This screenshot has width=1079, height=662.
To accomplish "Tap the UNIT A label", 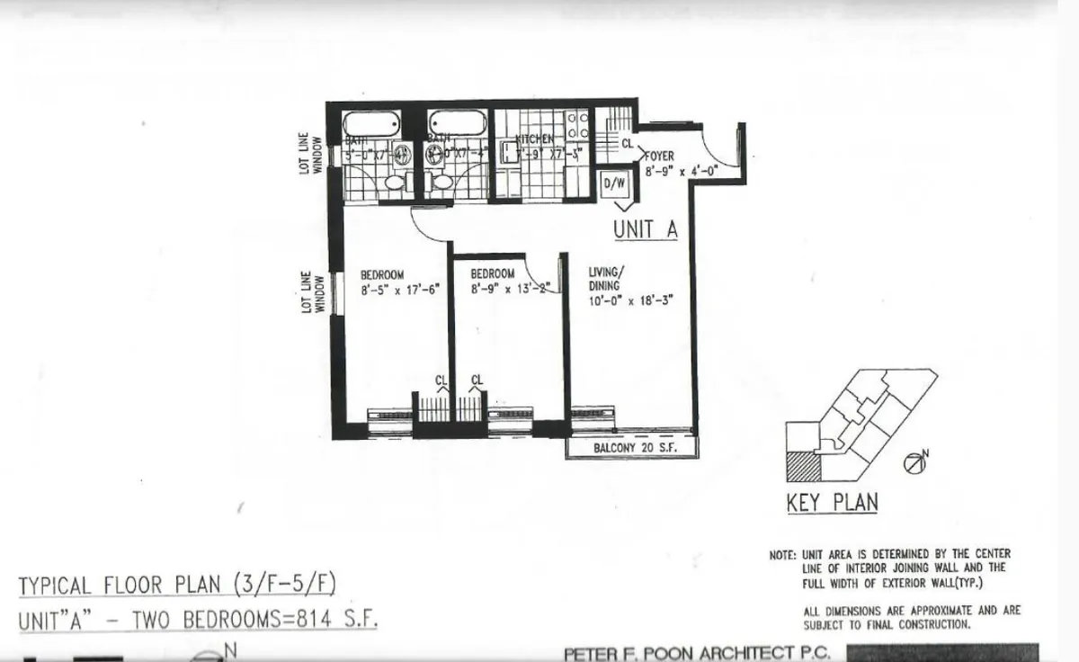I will click(645, 229).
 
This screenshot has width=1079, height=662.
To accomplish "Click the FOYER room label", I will click(660, 156).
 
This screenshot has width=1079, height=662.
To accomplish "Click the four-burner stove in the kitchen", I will click(577, 127).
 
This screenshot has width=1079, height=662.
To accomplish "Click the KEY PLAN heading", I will click(832, 502).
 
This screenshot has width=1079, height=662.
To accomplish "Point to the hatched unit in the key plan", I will click(803, 467).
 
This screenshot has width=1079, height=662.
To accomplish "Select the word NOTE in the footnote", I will click(781, 555).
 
